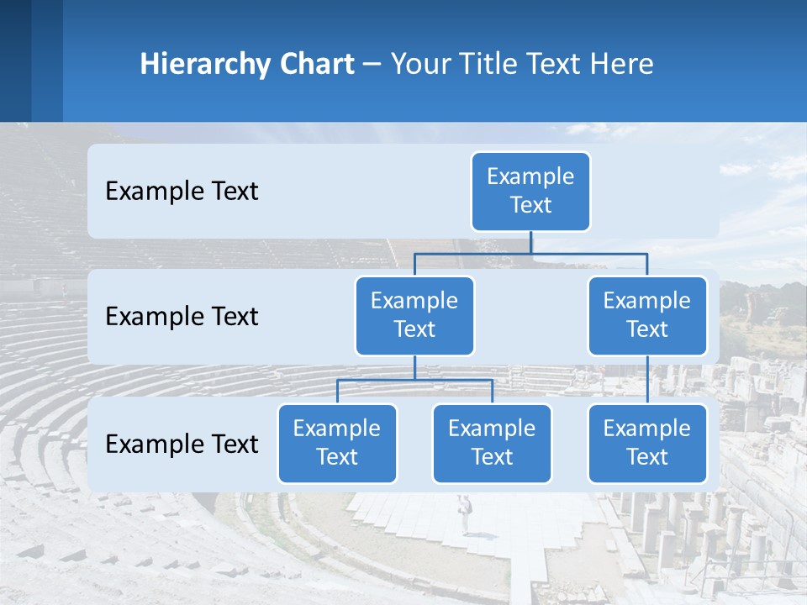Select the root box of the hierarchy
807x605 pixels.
coord(530,191)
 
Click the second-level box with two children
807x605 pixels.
coord(414,315)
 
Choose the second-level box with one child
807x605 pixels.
coord(647,315)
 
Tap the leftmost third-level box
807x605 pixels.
coord(337,443)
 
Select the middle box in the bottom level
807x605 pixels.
coord(492,443)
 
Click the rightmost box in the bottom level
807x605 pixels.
coord(647,443)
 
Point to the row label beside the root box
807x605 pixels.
coord(182,191)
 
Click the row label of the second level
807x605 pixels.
coord(182,316)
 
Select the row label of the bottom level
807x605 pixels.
coord(182,444)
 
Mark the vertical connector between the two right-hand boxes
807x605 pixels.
coord(647,380)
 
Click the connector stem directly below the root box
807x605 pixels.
coord(530,242)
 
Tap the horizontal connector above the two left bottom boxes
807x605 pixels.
coord(414,380)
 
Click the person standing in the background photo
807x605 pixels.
coord(463,513)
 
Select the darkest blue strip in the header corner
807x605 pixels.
coord(15,60)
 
